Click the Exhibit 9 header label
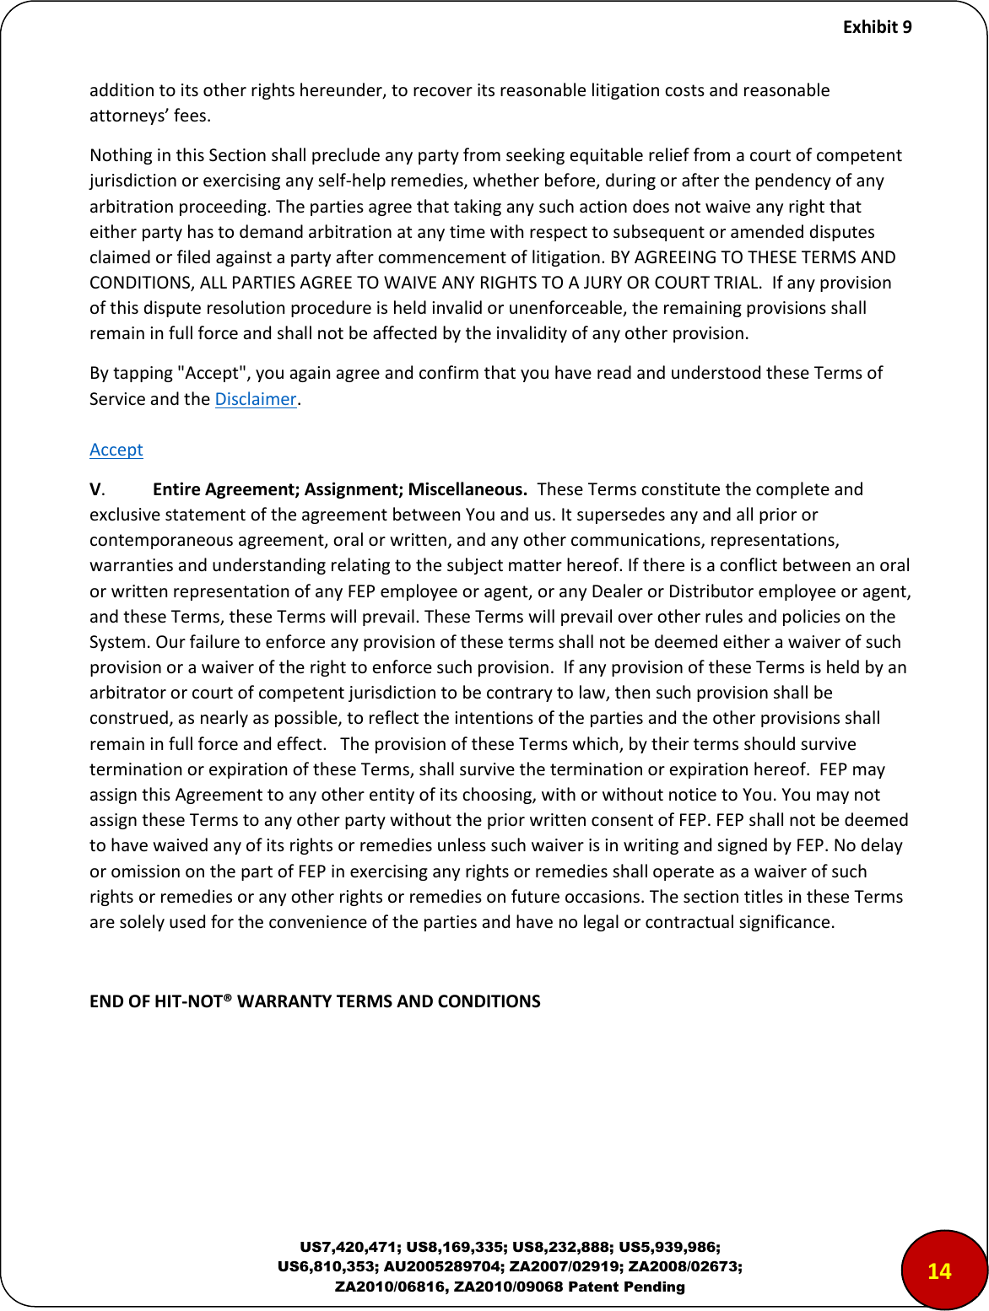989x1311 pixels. [877, 27]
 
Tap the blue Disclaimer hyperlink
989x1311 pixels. [256, 399]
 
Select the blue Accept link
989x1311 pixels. [116, 450]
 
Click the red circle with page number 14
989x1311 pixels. [939, 1271]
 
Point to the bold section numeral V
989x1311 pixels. [96, 489]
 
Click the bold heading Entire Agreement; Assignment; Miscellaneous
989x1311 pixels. [340, 489]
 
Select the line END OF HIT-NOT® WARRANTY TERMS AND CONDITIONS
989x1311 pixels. [315, 1001]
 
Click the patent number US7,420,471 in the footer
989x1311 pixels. [350, 1247]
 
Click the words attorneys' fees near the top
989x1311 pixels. [149, 116]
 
